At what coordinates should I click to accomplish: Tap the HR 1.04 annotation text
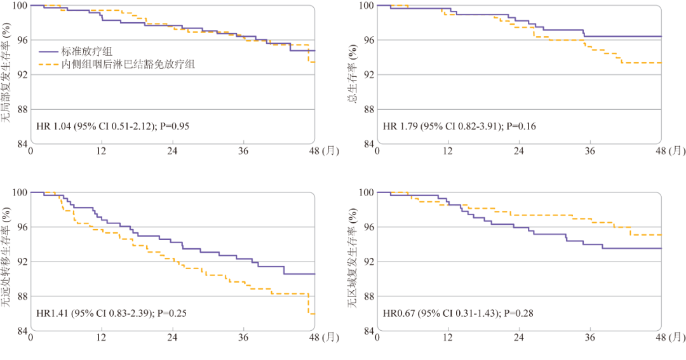[112, 126]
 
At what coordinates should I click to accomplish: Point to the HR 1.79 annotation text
[459, 126]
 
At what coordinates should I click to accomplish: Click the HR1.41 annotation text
[111, 313]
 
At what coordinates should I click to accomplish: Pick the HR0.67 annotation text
[458, 313]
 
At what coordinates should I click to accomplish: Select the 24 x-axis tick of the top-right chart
[518, 151]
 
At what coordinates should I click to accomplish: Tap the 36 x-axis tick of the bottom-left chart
[243, 338]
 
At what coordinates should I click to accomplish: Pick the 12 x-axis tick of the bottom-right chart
[448, 338]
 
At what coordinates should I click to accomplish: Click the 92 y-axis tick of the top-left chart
[21, 75]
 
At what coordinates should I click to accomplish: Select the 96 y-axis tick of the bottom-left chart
[21, 227]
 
